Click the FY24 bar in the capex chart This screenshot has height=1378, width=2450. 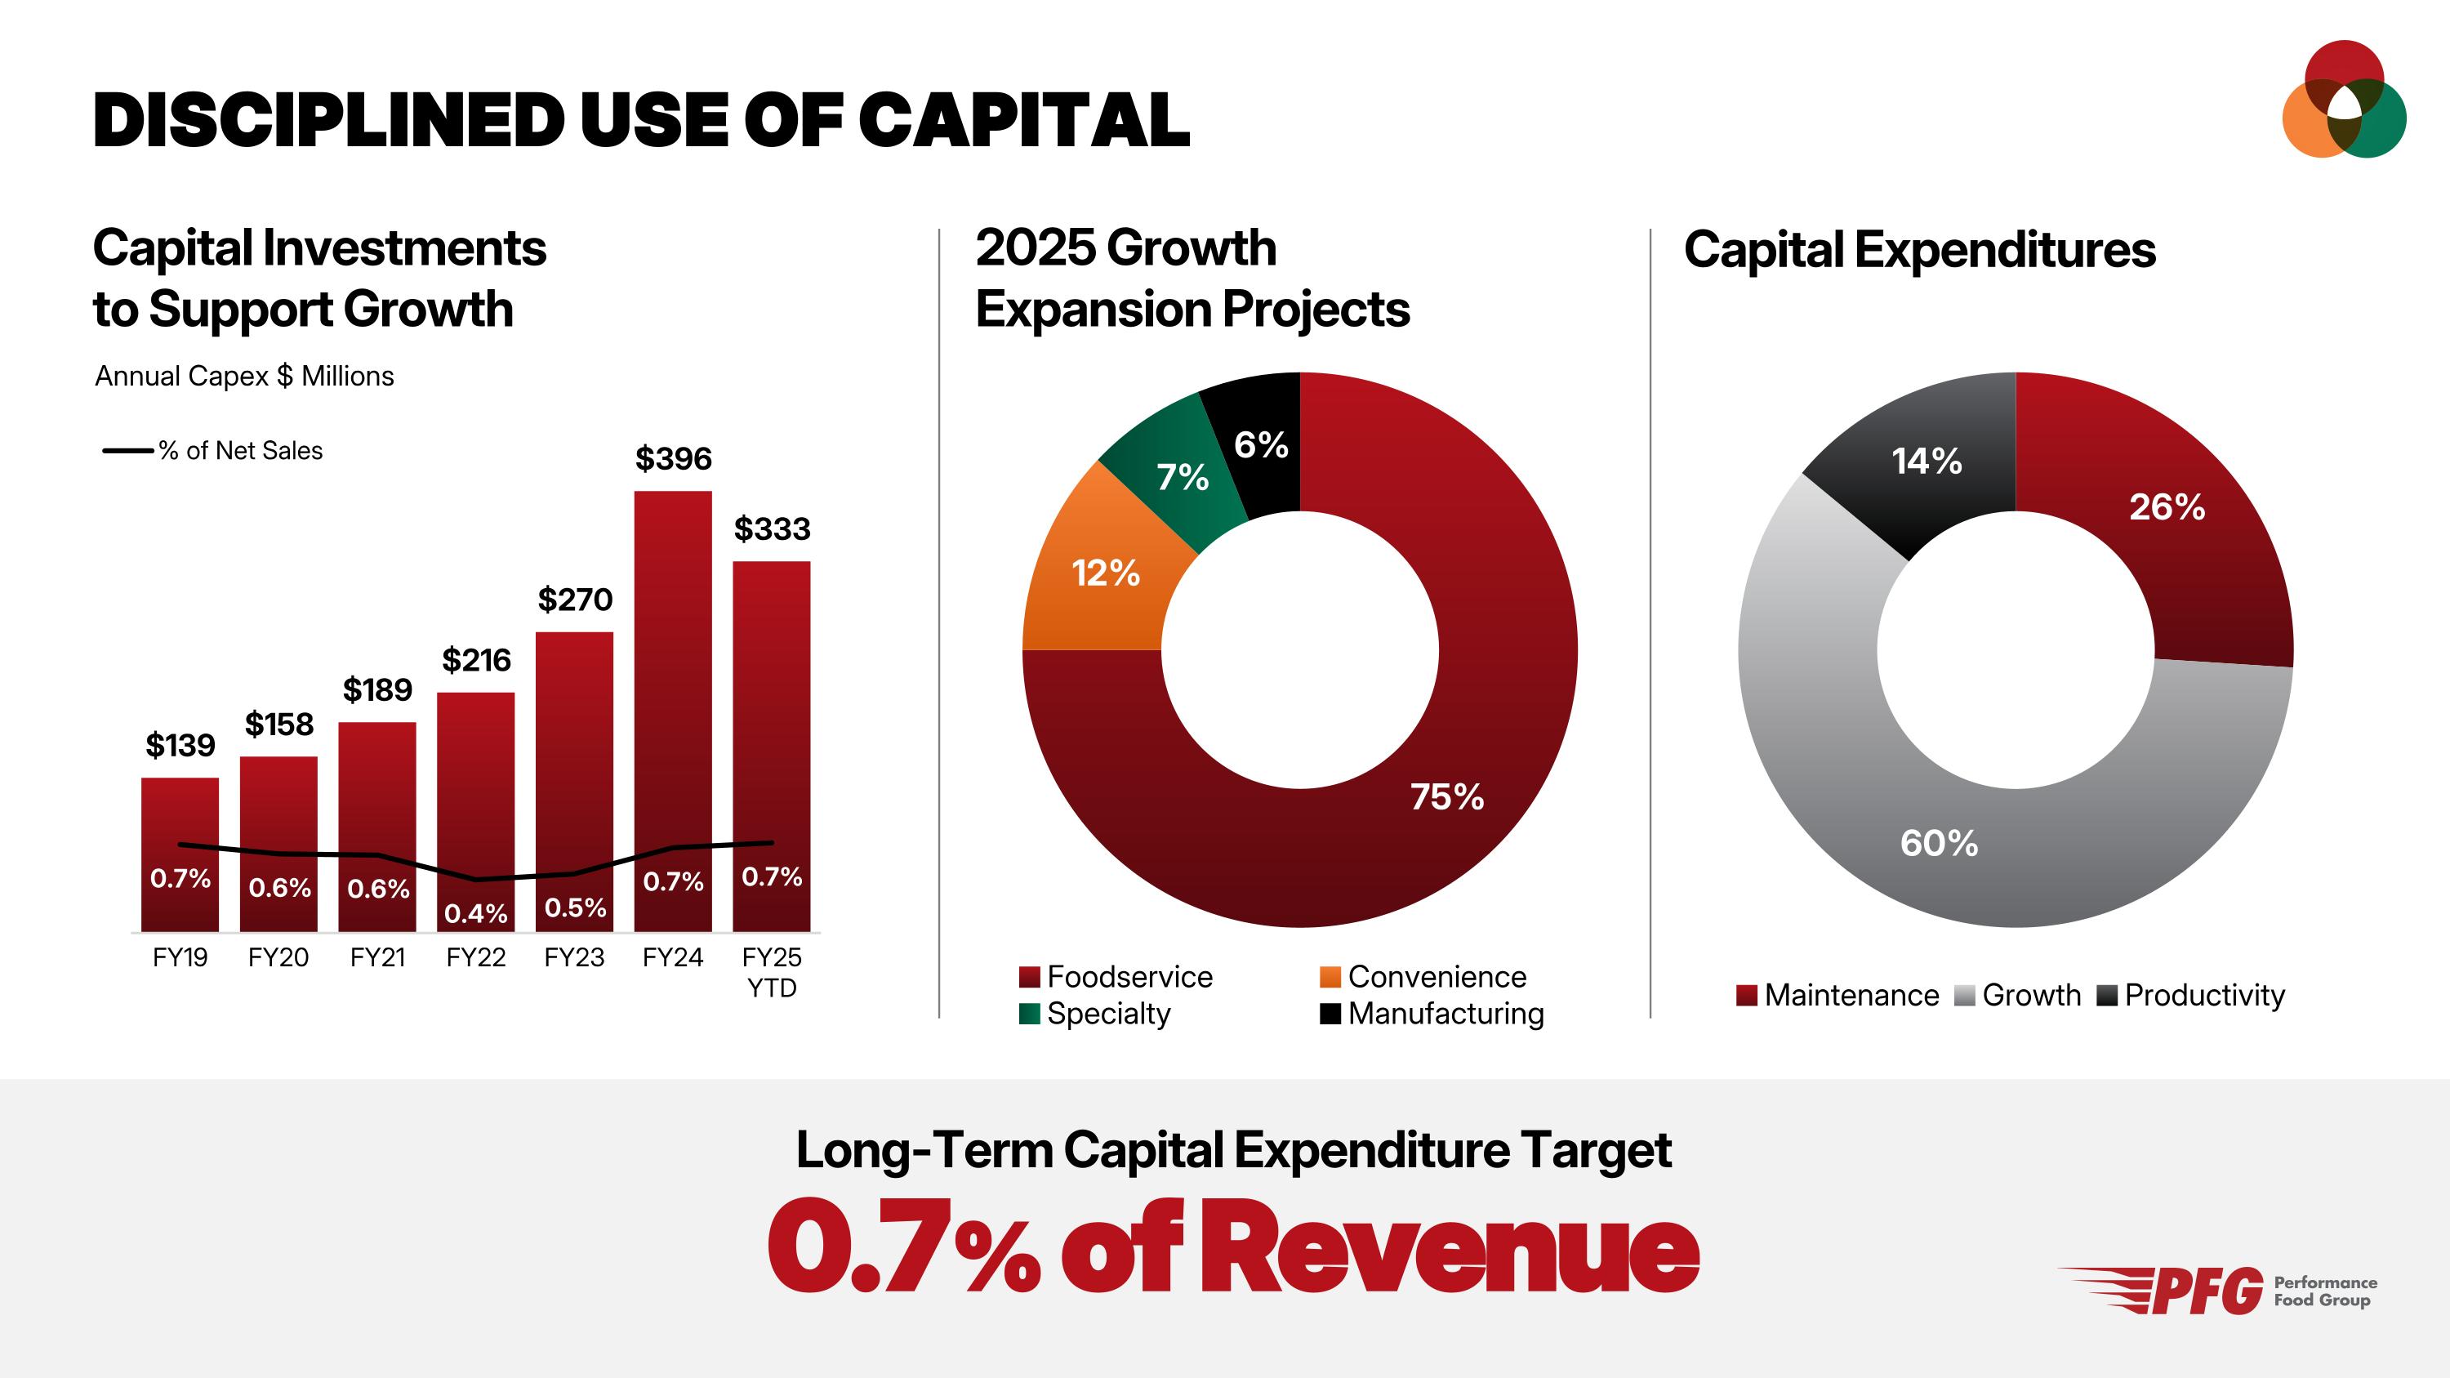[x=672, y=666]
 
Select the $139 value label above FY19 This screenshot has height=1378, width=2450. [x=180, y=745]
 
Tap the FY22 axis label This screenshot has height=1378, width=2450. [x=475, y=957]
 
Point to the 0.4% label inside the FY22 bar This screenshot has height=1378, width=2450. [x=475, y=913]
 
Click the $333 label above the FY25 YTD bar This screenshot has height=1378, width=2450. [x=771, y=528]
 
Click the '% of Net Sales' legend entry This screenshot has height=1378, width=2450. [x=239, y=451]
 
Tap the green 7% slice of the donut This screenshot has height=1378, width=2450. [x=1179, y=475]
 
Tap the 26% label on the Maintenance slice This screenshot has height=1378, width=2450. [x=2167, y=507]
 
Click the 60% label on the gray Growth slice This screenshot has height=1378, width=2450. [x=1938, y=844]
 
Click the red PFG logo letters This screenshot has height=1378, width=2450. [x=2207, y=1291]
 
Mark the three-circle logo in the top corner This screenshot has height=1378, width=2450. [x=2344, y=100]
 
